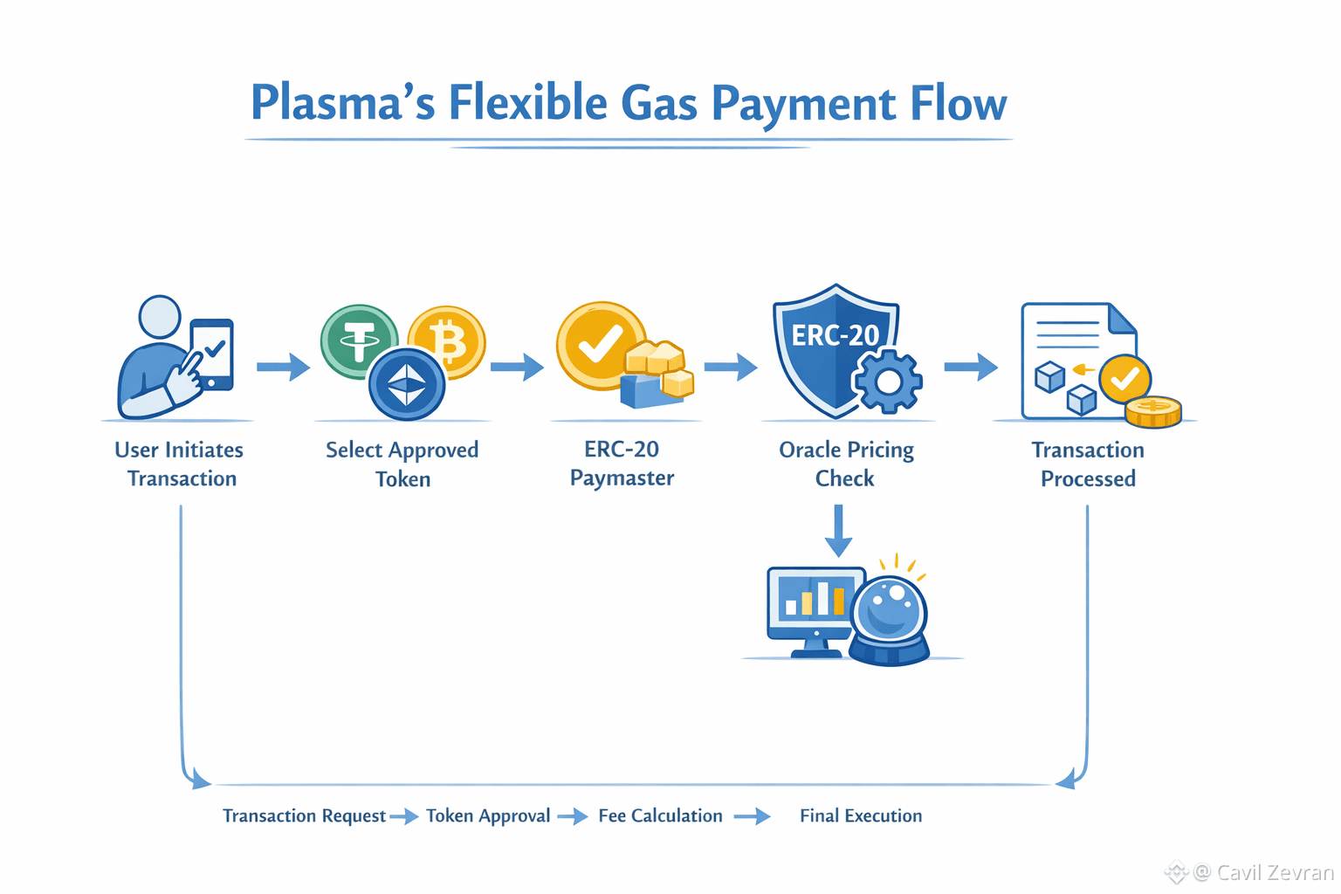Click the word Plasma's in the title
coord(342,103)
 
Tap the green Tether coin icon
coord(358,341)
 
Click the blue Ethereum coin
coord(407,384)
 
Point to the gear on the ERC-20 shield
coord(888,382)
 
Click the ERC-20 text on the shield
coord(835,335)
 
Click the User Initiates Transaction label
coord(180,464)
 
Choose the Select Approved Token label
coord(402,464)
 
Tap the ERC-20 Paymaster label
coord(622,464)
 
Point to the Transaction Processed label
coord(1088,464)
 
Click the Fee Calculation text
coord(660,815)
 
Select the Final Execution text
coord(861,815)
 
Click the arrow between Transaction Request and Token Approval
coord(404,817)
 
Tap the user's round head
coord(160,317)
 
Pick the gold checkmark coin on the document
coord(1124,379)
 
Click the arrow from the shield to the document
coord(971,367)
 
